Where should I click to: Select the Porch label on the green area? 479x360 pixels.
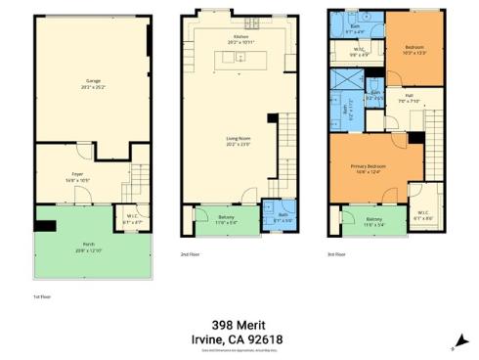point(89,245)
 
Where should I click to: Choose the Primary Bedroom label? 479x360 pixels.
point(369,168)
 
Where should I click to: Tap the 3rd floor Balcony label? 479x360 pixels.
point(374,221)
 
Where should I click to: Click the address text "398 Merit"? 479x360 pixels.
point(239,324)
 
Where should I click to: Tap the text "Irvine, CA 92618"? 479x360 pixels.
point(239,338)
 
